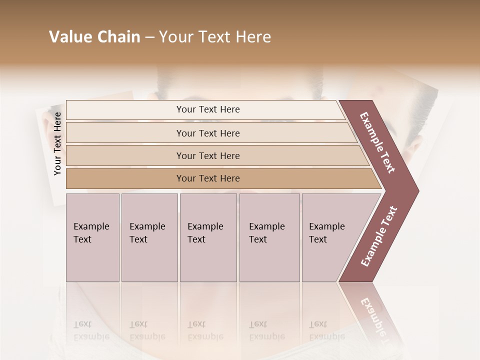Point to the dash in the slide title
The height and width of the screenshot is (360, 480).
(x=149, y=37)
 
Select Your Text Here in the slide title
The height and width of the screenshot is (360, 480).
(x=215, y=37)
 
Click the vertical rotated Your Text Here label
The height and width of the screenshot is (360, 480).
(x=57, y=143)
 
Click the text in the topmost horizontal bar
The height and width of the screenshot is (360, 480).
(x=208, y=109)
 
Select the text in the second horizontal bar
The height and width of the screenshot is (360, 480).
(x=208, y=133)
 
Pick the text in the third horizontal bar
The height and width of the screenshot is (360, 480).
(x=208, y=156)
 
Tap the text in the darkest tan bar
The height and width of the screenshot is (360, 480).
(x=208, y=178)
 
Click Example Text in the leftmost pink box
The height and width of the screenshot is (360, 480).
(x=91, y=233)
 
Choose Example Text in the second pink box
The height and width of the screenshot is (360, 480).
(x=147, y=233)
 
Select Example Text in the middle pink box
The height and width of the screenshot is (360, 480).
(x=205, y=233)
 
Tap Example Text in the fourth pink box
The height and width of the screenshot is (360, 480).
(x=266, y=233)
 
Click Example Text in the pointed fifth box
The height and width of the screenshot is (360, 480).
(x=326, y=233)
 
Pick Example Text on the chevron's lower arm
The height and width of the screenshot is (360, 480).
(x=379, y=236)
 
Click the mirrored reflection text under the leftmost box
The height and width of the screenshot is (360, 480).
(x=91, y=331)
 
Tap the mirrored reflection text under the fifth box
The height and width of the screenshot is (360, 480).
(x=326, y=331)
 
